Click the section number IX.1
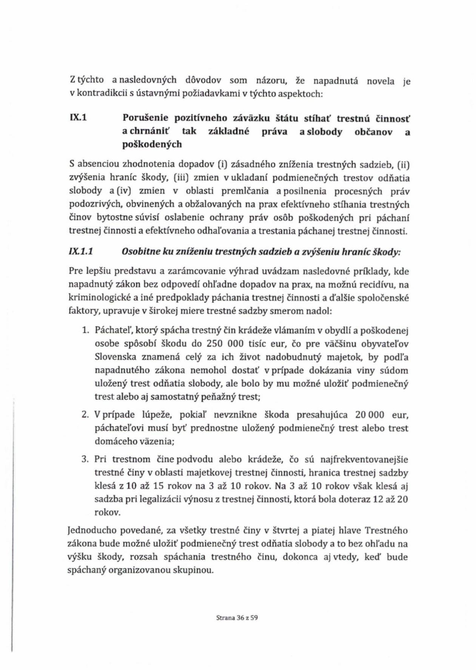click(78, 117)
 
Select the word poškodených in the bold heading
click(152, 144)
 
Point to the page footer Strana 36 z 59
click(237, 618)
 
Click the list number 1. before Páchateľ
click(85, 330)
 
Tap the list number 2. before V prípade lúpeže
click(85, 415)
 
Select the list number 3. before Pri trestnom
click(85, 459)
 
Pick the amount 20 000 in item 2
click(370, 415)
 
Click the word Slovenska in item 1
click(115, 357)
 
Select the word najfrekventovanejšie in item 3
click(364, 459)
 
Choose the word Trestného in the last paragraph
click(386, 530)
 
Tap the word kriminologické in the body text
click(100, 298)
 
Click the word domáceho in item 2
click(112, 441)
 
